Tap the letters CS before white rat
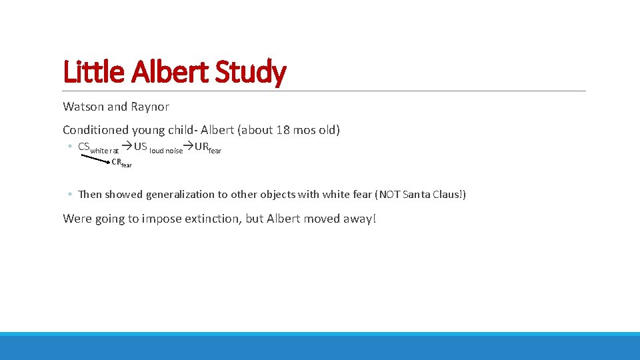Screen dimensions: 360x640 click(x=84, y=147)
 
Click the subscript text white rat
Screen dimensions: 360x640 click(x=105, y=151)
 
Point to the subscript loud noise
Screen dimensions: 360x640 click(x=166, y=151)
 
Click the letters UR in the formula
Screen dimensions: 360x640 click(x=201, y=147)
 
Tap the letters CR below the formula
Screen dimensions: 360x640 click(x=116, y=161)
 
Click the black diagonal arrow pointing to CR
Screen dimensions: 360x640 click(x=95, y=157)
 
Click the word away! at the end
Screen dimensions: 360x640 click(x=361, y=219)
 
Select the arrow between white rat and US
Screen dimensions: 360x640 click(x=126, y=147)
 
